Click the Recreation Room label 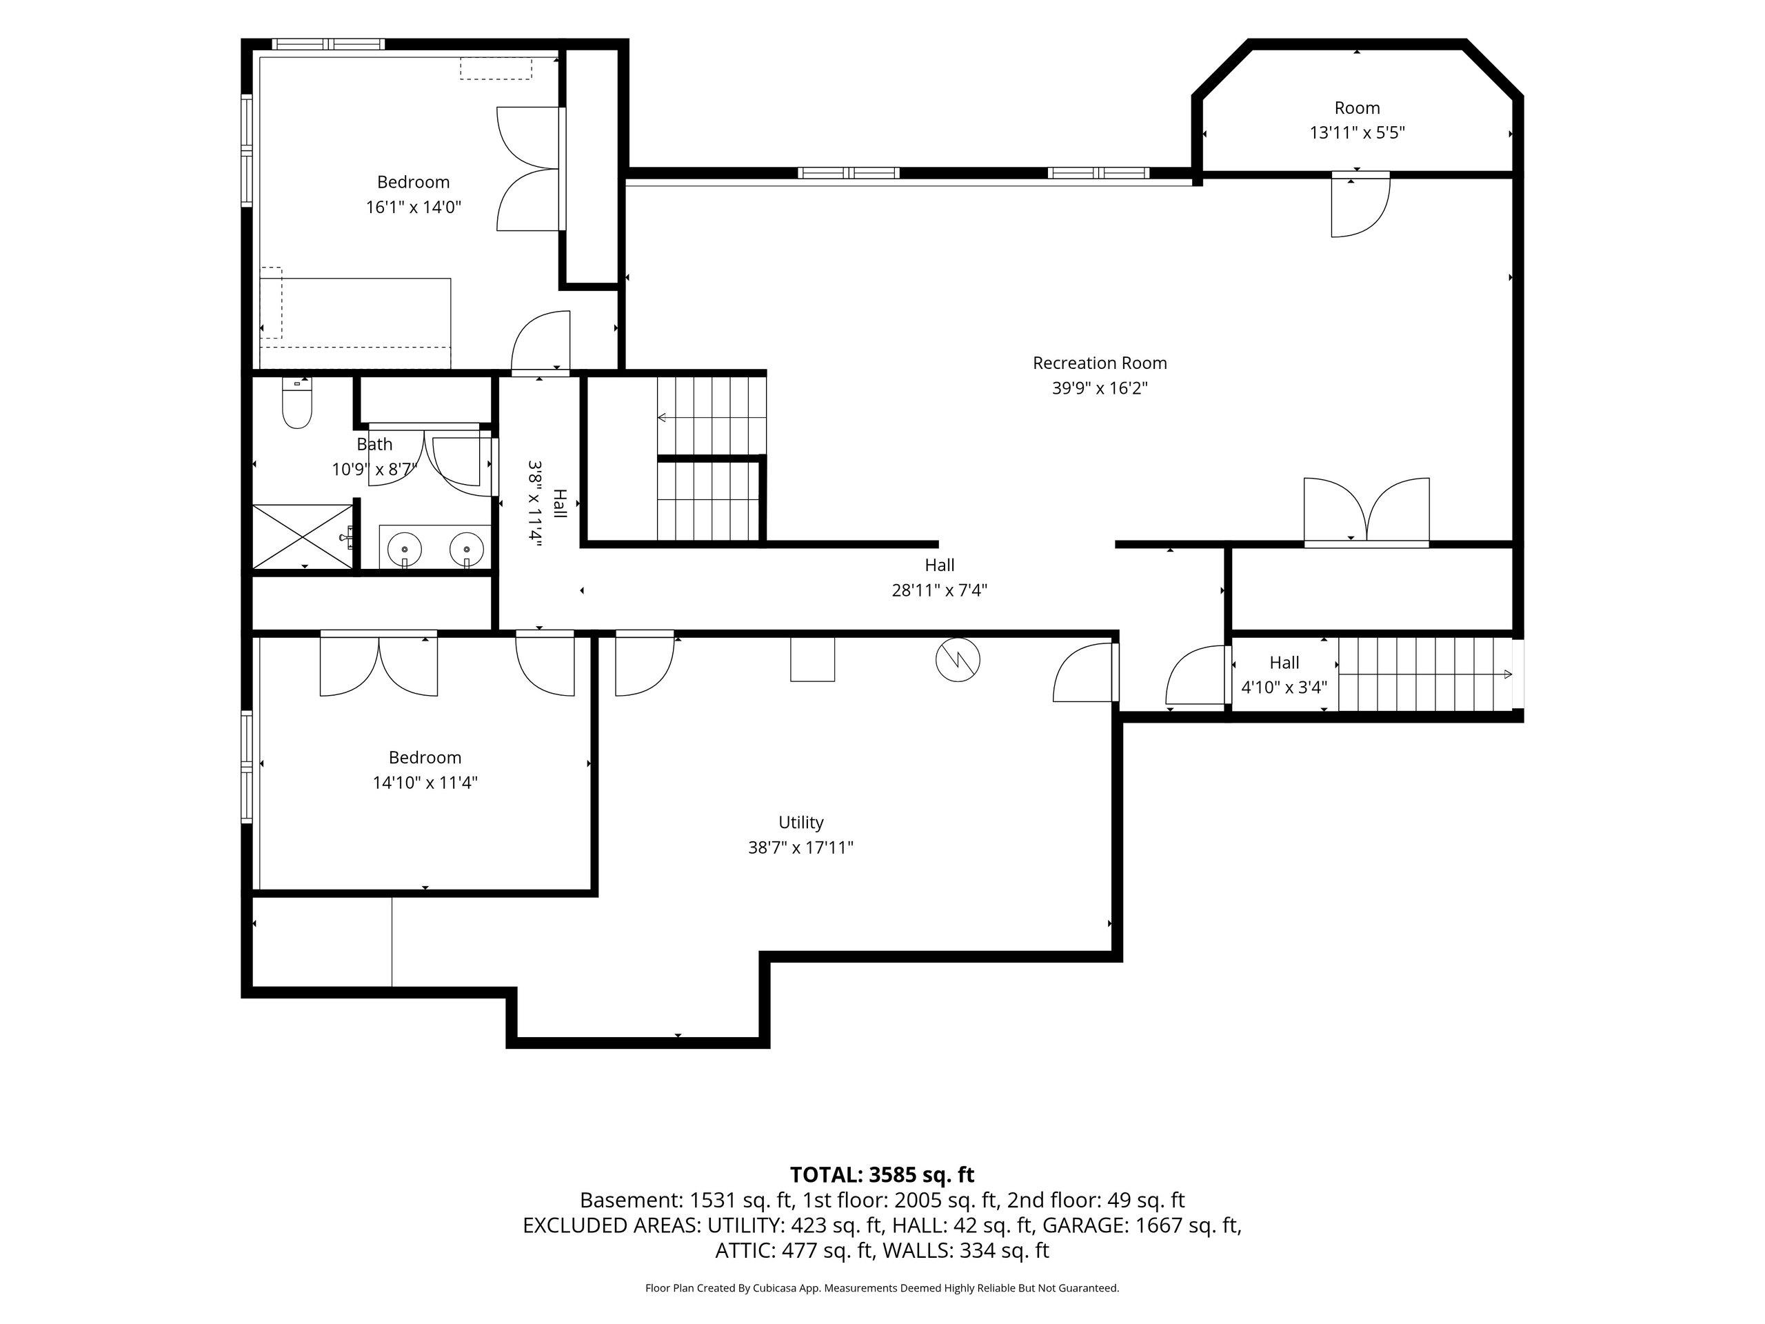(x=1100, y=363)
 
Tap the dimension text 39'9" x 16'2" (x=1100, y=389)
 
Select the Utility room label (x=800, y=822)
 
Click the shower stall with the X (x=303, y=537)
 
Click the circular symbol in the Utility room (x=958, y=659)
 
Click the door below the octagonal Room (x=1360, y=205)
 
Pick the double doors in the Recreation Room (x=1366, y=511)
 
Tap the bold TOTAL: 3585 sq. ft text (x=882, y=1175)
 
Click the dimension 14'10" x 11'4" (x=425, y=782)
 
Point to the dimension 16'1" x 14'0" (x=413, y=208)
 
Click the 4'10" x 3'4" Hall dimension (x=1284, y=687)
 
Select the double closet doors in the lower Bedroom (x=379, y=664)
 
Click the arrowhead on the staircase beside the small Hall (x=1507, y=674)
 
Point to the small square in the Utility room (x=812, y=659)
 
